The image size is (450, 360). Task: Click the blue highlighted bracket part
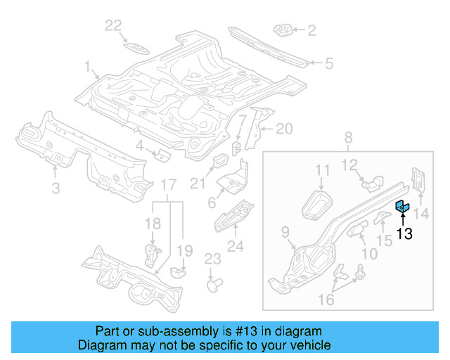point(402,206)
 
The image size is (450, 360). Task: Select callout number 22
point(113,26)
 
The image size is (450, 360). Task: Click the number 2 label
point(311,30)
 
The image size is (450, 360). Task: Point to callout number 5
point(328,64)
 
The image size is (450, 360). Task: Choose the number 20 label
point(283,128)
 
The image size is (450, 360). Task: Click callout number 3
point(56,188)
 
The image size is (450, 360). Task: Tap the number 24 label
point(236,246)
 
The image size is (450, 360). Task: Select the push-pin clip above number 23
point(214,285)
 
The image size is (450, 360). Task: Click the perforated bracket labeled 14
point(418,180)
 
